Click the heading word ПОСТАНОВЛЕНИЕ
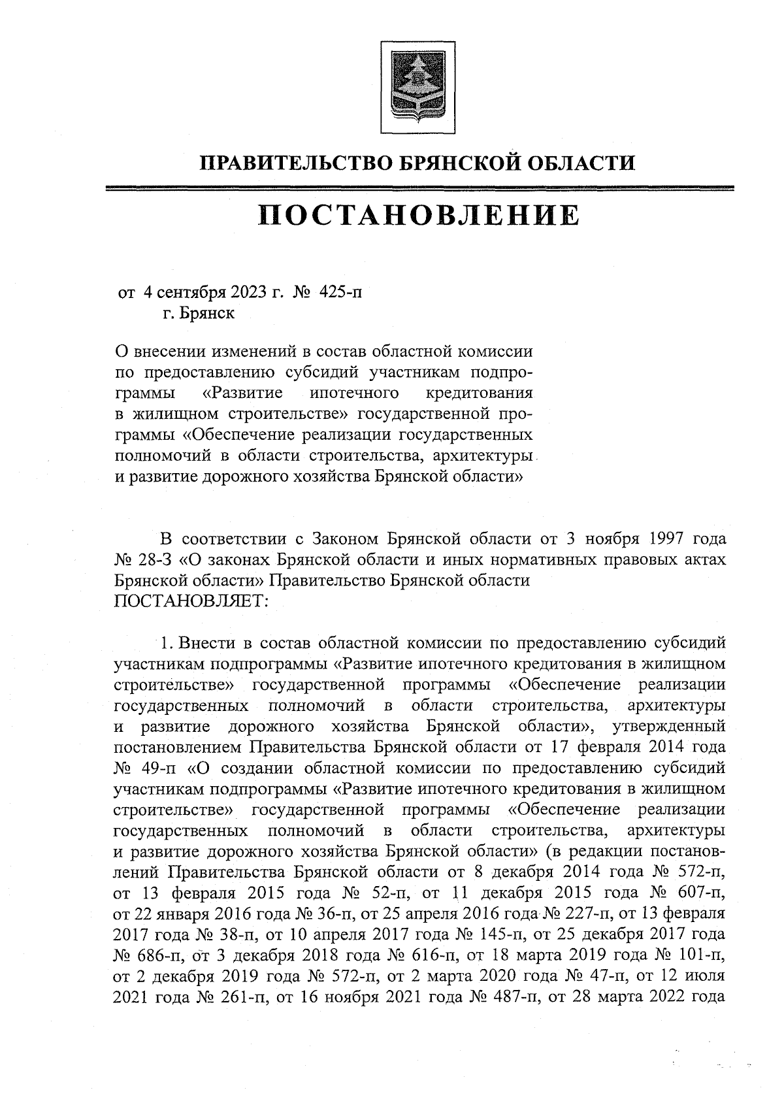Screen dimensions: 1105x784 (x=418, y=216)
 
